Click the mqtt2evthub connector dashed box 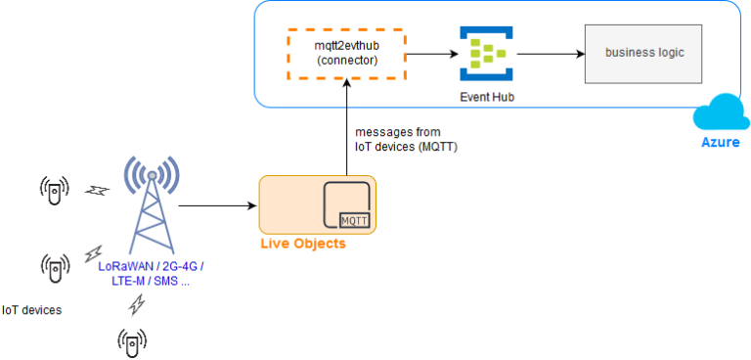[x=347, y=54]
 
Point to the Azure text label [x=720, y=143]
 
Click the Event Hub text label [x=486, y=97]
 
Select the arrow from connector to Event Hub [x=431, y=54]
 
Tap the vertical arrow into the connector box [x=346, y=127]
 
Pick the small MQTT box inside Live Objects [x=354, y=222]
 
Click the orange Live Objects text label [x=301, y=243]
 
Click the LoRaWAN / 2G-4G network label [x=151, y=274]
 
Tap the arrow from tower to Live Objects [x=218, y=206]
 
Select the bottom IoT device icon [x=132, y=339]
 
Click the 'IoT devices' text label [x=31, y=310]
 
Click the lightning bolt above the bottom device [x=138, y=305]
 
